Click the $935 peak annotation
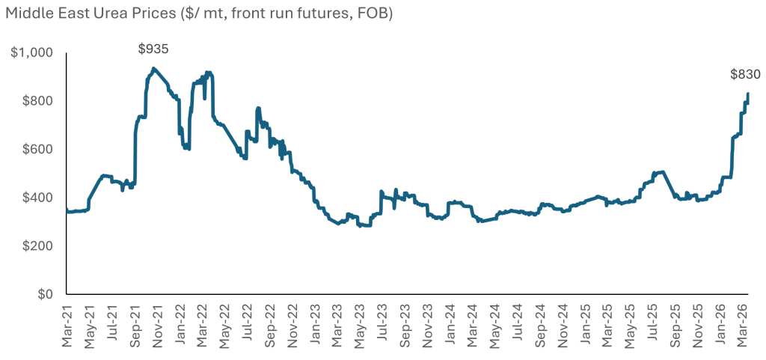coord(153,49)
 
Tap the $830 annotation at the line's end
coord(745,74)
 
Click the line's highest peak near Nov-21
coord(153,68)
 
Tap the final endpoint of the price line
coord(748,94)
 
